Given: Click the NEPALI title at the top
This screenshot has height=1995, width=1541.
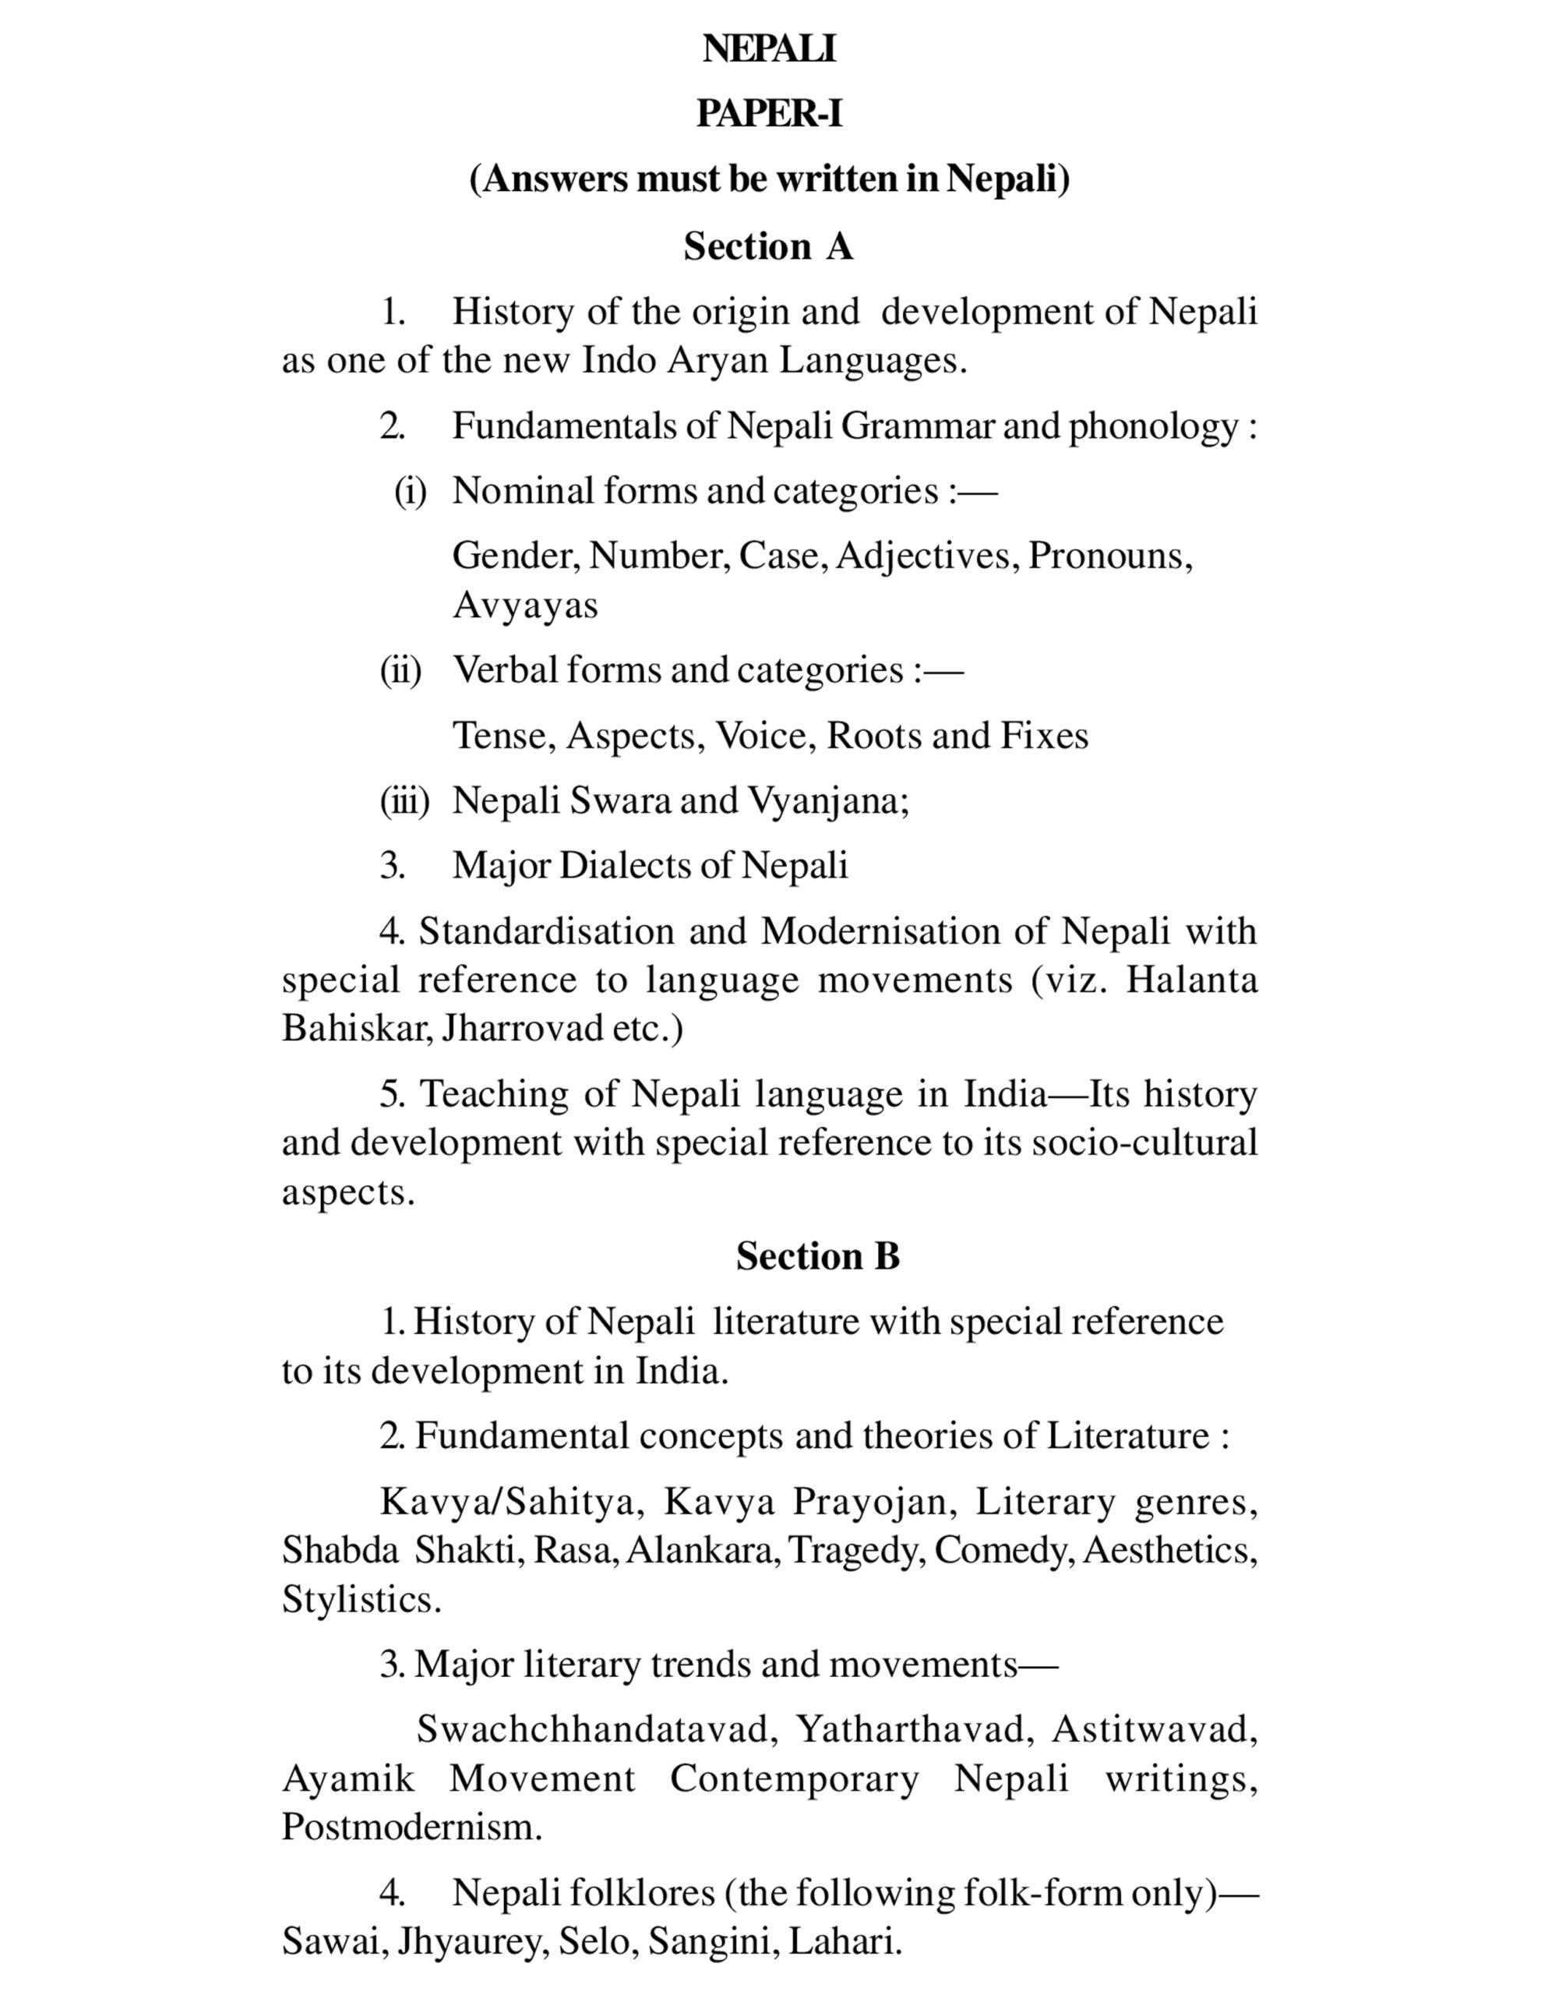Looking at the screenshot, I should pyautogui.click(x=769, y=49).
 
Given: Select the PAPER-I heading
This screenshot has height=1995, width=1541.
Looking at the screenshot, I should pyautogui.click(x=769, y=115).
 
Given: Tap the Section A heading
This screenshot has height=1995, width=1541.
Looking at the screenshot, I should pyautogui.click(x=768, y=246).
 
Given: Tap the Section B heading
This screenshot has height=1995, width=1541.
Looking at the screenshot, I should pyautogui.click(x=817, y=1256).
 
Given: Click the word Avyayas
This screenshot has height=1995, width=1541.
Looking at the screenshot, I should pyautogui.click(x=525, y=606).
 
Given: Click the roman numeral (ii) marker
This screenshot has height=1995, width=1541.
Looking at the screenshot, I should pyautogui.click(x=401, y=670).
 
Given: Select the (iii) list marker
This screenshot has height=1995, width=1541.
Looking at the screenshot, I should pyautogui.click(x=404, y=801).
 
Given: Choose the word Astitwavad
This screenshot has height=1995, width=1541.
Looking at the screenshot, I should pyautogui.click(x=1154, y=1729).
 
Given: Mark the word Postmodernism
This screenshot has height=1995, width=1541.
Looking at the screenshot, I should pyautogui.click(x=411, y=1827).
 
